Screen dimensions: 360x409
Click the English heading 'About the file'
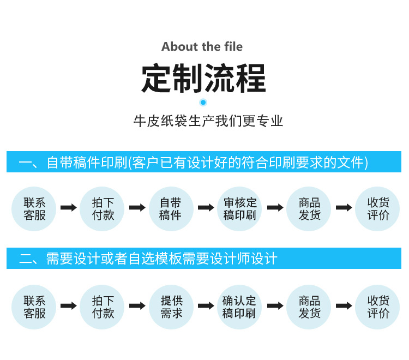click(x=202, y=47)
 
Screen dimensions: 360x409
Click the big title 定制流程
click(x=203, y=79)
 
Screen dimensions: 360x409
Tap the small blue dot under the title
click(x=203, y=102)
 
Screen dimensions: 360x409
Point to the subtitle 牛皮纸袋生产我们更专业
click(x=208, y=121)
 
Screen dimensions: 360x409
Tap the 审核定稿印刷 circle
click(x=239, y=208)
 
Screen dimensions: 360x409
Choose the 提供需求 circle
click(x=171, y=307)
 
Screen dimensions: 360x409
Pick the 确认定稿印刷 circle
click(x=239, y=307)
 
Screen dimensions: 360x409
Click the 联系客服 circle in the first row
click(x=34, y=208)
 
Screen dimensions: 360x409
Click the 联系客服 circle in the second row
click(x=34, y=307)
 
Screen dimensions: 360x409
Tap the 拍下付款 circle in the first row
click(x=102, y=208)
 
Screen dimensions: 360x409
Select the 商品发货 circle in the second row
click(x=309, y=307)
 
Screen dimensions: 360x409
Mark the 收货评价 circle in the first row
click(x=377, y=208)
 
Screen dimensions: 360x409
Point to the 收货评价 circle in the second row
click(x=377, y=307)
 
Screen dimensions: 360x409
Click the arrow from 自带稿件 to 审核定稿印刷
click(x=206, y=208)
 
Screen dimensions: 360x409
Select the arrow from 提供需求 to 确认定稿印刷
click(x=206, y=307)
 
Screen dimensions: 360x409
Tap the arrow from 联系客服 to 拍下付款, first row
click(x=68, y=208)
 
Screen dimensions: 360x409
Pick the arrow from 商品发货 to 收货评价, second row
click(x=344, y=307)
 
